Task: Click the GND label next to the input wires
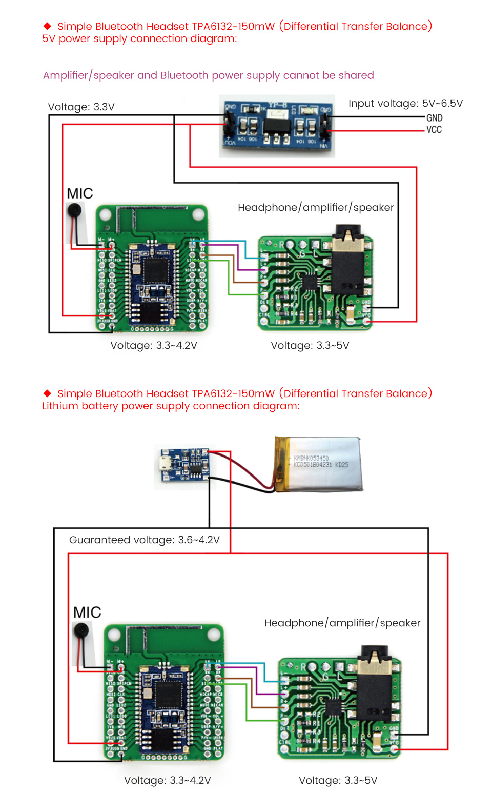click(x=434, y=117)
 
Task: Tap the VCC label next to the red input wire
click(x=434, y=130)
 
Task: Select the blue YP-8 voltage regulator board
click(x=277, y=126)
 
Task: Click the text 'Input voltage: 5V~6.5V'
click(x=405, y=103)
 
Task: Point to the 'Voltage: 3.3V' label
click(x=81, y=107)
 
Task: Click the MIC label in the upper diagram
click(x=80, y=193)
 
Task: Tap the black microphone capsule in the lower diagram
click(x=81, y=630)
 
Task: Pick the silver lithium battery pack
click(x=319, y=464)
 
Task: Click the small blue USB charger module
click(x=183, y=465)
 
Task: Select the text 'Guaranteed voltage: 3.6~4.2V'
click(x=144, y=540)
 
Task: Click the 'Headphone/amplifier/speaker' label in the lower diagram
click(x=342, y=623)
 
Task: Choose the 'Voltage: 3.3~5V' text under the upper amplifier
click(x=310, y=345)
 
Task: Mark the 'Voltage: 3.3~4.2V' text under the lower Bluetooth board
click(x=167, y=780)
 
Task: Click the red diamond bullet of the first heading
click(x=47, y=26)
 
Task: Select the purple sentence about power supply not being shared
click(x=208, y=75)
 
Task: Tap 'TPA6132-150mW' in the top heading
click(x=233, y=26)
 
